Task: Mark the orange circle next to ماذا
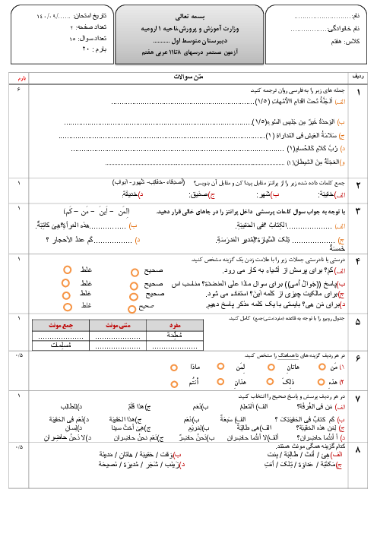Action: [173, 367]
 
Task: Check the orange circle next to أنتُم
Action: [173, 383]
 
